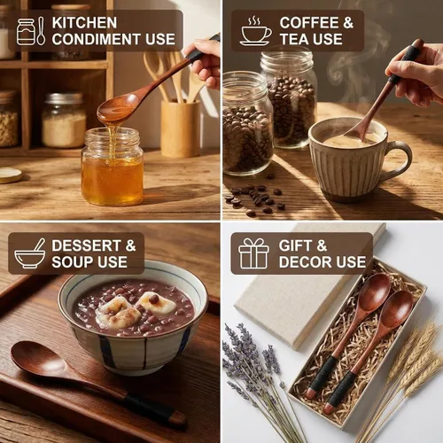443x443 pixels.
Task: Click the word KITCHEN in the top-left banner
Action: [84, 23]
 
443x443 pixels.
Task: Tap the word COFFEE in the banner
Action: [309, 23]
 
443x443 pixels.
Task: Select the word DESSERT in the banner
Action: [86, 245]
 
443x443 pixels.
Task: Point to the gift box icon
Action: [253, 253]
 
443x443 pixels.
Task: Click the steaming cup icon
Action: [255, 31]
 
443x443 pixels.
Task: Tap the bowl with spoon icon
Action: [30, 253]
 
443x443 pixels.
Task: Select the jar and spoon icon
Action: [31, 31]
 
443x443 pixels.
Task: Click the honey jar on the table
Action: [113, 167]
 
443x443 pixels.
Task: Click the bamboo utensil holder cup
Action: [181, 128]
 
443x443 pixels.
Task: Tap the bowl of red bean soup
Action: [133, 317]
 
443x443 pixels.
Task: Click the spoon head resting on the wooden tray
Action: [40, 358]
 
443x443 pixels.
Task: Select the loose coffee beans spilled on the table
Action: [255, 199]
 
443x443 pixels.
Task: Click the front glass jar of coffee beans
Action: [247, 124]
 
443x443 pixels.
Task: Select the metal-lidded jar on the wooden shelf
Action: [64, 120]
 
